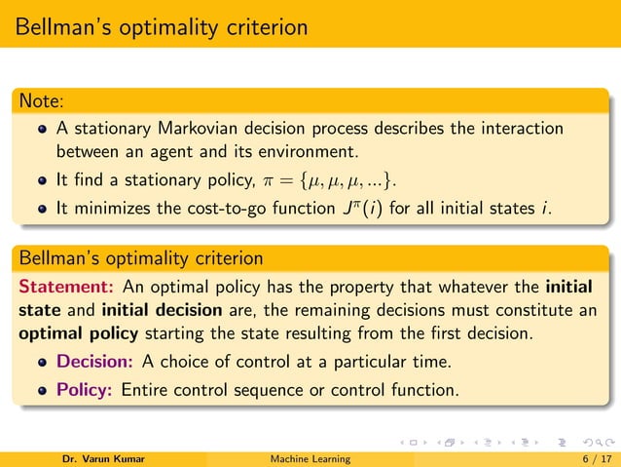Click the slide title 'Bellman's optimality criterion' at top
(x=161, y=25)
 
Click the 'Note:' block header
(x=34, y=100)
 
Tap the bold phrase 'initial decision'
(x=152, y=312)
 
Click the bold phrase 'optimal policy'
(x=73, y=335)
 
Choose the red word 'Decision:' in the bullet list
(x=94, y=361)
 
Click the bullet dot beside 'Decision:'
(x=42, y=362)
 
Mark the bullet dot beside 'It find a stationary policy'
(x=42, y=180)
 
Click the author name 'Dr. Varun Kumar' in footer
(x=102, y=458)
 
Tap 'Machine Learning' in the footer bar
(x=311, y=458)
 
